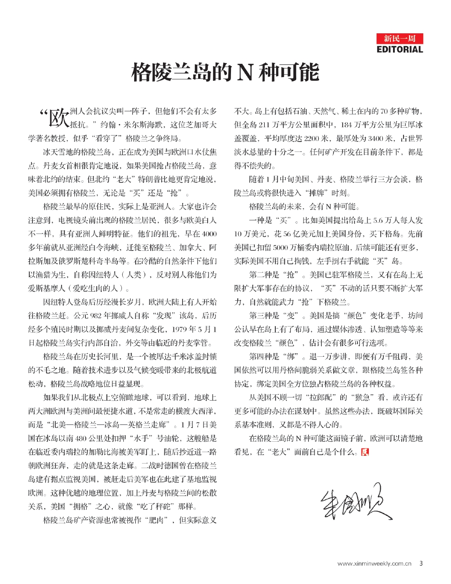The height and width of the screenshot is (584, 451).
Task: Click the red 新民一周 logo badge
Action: point(400,39)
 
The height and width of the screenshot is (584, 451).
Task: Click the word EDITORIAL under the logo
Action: point(400,49)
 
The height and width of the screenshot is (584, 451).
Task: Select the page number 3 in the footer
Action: point(421,563)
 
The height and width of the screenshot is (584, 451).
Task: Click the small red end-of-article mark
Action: point(364,452)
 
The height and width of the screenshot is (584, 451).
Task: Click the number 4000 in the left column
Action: point(209,234)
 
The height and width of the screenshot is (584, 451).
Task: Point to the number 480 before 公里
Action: point(81,438)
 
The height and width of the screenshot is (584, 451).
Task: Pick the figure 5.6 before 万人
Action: point(378,220)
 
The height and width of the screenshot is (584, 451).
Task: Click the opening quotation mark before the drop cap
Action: point(44,113)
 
